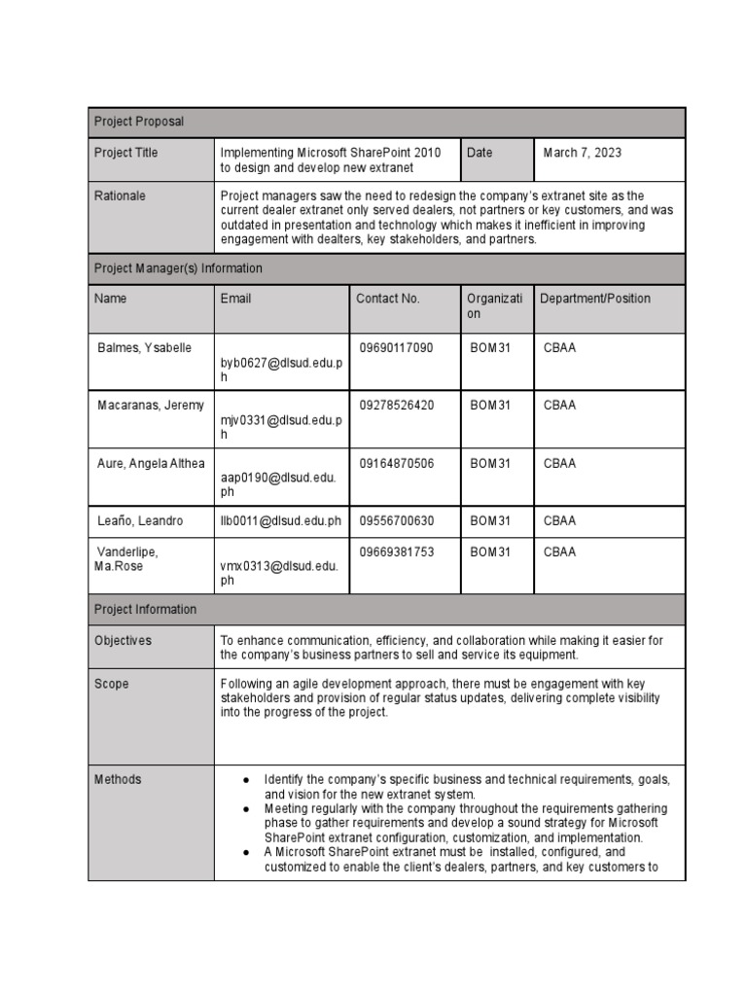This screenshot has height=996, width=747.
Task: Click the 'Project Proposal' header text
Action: [138, 122]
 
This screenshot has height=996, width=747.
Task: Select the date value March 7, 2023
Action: [582, 153]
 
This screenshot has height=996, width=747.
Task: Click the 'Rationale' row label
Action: [120, 196]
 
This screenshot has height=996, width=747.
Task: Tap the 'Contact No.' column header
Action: [387, 299]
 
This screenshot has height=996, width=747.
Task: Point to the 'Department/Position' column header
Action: [595, 299]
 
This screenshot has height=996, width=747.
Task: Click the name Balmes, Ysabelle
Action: [145, 347]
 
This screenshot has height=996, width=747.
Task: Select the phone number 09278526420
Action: [396, 405]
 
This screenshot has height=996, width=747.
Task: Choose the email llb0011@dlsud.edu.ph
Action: [281, 521]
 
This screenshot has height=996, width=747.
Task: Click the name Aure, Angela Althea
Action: [151, 463]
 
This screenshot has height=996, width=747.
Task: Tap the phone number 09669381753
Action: [396, 551]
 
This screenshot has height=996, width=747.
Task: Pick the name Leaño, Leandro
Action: [140, 521]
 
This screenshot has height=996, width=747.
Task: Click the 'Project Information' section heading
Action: [145, 610]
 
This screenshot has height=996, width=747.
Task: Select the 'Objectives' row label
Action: [123, 641]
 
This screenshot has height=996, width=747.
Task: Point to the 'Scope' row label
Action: [111, 684]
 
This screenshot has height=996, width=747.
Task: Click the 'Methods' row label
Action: [117, 779]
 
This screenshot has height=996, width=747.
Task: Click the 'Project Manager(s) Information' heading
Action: [178, 267]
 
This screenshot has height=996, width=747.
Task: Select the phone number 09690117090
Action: [396, 347]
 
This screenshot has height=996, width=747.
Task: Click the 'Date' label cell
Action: [480, 153]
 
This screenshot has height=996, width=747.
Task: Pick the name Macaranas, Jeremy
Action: [145, 405]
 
